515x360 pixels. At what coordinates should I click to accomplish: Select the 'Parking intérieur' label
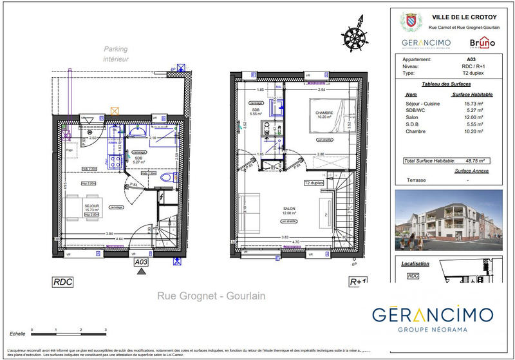[117, 53]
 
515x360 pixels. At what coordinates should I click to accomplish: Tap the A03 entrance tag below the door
[141, 262]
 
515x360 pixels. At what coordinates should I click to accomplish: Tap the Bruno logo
[482, 43]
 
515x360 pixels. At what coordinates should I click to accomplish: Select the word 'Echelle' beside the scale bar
[18, 334]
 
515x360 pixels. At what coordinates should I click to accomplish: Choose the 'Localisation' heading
[415, 263]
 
